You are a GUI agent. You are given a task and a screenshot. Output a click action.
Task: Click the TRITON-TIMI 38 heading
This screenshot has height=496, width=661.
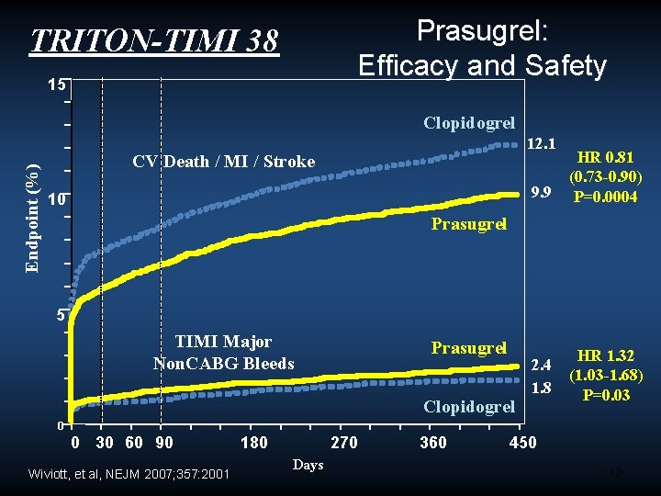point(154,41)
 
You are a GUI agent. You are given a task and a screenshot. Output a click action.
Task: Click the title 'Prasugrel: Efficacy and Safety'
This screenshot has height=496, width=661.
point(482,48)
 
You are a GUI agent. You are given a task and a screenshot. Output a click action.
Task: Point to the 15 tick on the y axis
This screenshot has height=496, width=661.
point(57,85)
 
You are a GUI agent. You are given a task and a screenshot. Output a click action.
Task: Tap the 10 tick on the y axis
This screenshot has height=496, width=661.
point(57,199)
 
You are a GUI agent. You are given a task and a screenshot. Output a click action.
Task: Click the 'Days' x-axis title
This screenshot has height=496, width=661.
point(308,465)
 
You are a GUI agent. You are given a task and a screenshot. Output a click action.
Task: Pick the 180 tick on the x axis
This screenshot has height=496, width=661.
point(253,444)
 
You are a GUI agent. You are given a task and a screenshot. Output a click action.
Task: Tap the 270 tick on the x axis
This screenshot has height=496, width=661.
point(343,444)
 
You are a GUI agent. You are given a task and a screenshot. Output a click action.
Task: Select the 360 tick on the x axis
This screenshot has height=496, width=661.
point(432,444)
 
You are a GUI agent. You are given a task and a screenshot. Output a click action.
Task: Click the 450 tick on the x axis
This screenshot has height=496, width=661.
point(522,444)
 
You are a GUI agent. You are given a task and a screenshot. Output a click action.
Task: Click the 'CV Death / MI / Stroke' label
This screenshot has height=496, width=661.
point(223,163)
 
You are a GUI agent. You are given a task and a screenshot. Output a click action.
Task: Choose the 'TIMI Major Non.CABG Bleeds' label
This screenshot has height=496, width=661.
point(223,353)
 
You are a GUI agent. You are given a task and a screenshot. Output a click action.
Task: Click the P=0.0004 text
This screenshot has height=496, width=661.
point(604,197)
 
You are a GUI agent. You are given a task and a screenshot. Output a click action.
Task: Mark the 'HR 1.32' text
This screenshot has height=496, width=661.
point(605,355)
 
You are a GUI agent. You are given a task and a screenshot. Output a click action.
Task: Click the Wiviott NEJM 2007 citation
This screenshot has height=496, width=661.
point(129,474)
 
